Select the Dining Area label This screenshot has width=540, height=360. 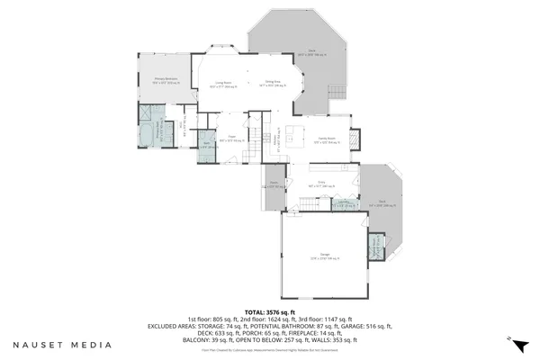point(271,85)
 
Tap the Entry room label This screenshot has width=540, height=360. point(319,184)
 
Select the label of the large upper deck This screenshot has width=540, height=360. point(311,53)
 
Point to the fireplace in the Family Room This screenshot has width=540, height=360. point(354,139)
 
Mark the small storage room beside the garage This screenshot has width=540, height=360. point(376,246)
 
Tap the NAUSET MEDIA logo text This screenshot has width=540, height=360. point(62,344)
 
